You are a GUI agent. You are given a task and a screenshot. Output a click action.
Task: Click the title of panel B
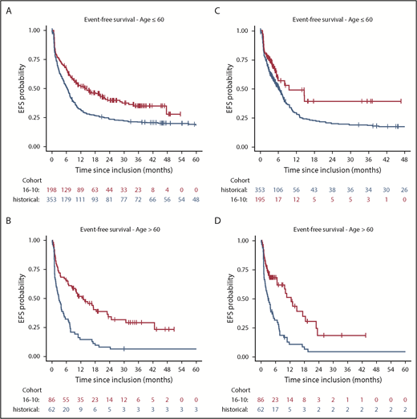pyautogui.click(x=123, y=230)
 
